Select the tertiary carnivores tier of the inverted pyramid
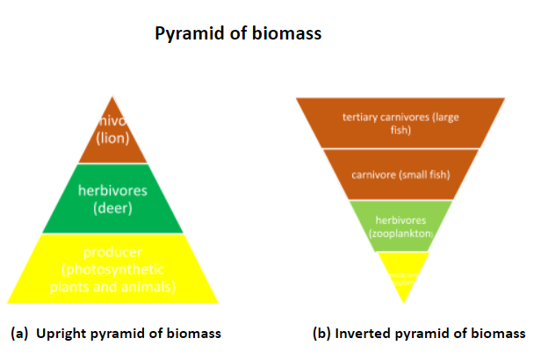tap(400, 123)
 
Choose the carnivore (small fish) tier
tap(400, 174)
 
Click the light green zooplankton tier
tap(400, 225)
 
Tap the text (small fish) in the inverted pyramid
tap(423, 174)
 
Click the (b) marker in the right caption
tap(321, 334)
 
